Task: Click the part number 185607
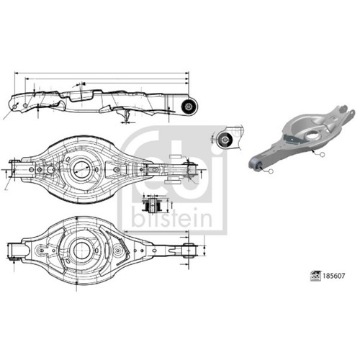pyautogui.click(x=334, y=276)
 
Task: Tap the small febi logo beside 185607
pyautogui.click(x=315, y=276)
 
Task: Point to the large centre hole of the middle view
pyautogui.click(x=82, y=169)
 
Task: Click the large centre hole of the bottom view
pyautogui.click(x=81, y=250)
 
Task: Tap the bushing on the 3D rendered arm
pyautogui.click(x=255, y=163)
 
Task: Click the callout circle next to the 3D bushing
pyautogui.click(x=271, y=171)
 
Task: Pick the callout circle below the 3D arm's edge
pyautogui.click(x=323, y=155)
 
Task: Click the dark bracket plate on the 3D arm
pyautogui.click(x=293, y=140)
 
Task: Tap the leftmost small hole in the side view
pyautogui.click(x=15, y=107)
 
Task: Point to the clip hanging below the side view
pyautogui.click(x=127, y=116)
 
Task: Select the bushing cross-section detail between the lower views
pyautogui.click(x=152, y=204)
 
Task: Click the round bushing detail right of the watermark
pyautogui.click(x=224, y=140)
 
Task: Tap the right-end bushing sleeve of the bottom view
pyautogui.click(x=189, y=251)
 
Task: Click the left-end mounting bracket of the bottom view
pyautogui.click(x=17, y=251)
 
